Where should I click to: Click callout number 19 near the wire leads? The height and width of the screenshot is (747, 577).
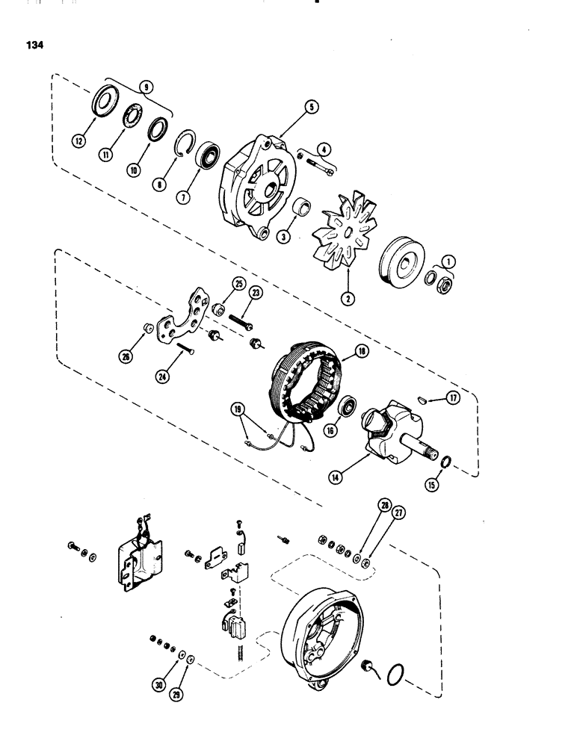tap(237, 409)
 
